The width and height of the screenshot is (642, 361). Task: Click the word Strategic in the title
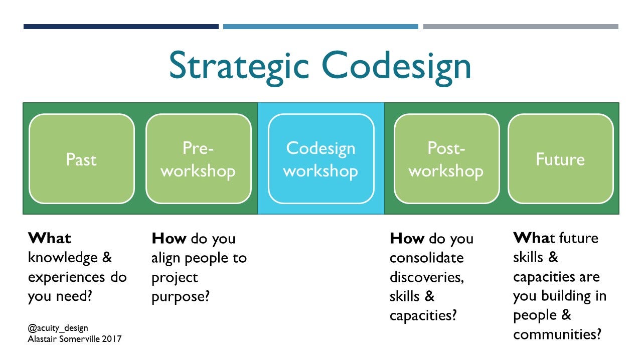239,67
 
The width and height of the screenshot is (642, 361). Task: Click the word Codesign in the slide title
396,67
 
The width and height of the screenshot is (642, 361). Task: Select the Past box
82,159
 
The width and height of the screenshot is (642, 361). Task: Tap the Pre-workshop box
199,159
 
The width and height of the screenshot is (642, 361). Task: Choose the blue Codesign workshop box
321,159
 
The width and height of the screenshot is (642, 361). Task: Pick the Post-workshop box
446,159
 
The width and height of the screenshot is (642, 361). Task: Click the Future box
561,159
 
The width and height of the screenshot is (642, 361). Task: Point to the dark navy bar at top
121,27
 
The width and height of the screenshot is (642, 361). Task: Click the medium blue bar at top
320,27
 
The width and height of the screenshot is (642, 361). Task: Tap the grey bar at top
521,27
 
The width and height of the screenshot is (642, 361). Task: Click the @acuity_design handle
58,328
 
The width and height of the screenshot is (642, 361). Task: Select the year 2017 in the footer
111,339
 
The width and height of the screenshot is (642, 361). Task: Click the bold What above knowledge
50,238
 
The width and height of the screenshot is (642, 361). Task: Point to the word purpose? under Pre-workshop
181,297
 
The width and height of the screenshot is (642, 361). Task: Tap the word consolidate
426,258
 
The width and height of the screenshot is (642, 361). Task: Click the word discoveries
427,277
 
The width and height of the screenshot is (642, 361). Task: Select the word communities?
557,334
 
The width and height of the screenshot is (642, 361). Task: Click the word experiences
67,278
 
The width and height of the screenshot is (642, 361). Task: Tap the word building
566,296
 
